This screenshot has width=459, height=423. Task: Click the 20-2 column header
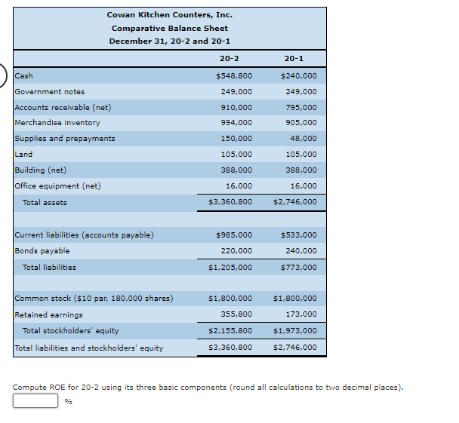tap(229, 59)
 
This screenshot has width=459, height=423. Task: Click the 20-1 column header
tap(294, 59)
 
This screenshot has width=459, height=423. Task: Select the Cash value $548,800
tap(234, 75)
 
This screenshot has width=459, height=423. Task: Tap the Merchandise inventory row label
tap(57, 122)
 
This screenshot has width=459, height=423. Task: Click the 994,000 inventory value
tap(236, 122)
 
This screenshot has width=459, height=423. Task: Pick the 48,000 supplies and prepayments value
tap(303, 138)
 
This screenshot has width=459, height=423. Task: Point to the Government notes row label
tap(50, 91)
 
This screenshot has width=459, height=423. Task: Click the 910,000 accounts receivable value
tap(236, 107)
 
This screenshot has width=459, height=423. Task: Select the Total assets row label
tap(45, 202)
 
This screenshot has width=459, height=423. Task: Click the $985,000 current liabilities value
tap(234, 234)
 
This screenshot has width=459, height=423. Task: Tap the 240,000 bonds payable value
tap(301, 250)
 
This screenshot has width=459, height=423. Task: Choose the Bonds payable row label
tap(42, 251)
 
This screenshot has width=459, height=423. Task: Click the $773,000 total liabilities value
tap(299, 267)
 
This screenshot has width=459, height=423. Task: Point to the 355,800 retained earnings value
tap(236, 314)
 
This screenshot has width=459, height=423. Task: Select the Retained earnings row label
tap(48, 315)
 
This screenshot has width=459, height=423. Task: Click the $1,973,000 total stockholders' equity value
tap(295, 330)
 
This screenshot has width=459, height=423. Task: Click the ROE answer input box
tap(35, 400)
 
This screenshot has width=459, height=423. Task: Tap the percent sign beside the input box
tap(69, 401)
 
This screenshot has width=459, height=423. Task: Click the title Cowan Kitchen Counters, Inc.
tap(170, 14)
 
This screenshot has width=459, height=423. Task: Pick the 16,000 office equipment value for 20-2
tap(239, 185)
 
